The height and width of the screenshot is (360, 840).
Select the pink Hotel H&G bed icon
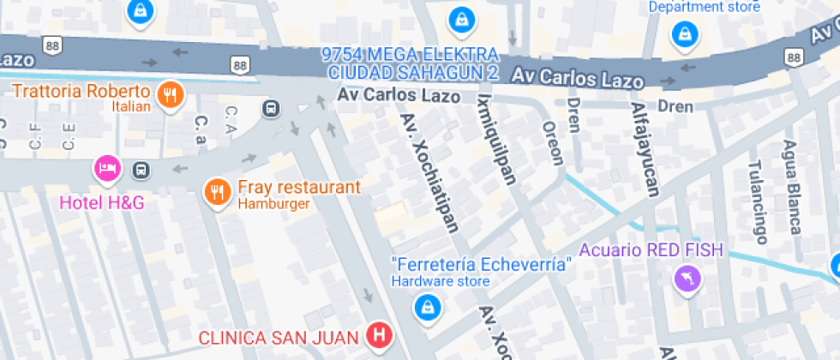(106, 169)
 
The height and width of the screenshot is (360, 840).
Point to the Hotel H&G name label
(101, 203)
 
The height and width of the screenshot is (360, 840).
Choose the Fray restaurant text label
(298, 188)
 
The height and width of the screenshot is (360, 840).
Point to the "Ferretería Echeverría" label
(481, 264)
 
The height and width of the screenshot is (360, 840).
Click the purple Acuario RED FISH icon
(688, 279)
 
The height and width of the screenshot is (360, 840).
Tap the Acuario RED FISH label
(651, 250)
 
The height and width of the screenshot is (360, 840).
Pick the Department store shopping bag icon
(685, 34)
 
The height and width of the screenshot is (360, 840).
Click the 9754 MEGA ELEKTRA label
(410, 54)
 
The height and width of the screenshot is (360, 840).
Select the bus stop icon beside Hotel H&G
(141, 170)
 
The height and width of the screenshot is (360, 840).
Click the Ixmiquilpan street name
(500, 139)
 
